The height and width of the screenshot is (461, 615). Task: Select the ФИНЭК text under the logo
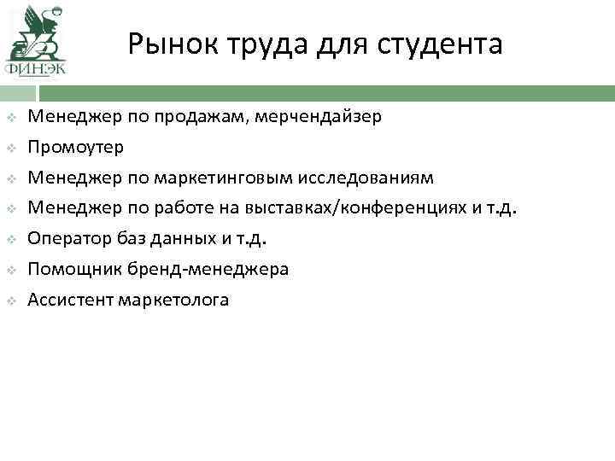coord(35,68)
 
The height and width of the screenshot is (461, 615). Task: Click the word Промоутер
coord(75,147)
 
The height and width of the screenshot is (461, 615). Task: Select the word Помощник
coord(67,269)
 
